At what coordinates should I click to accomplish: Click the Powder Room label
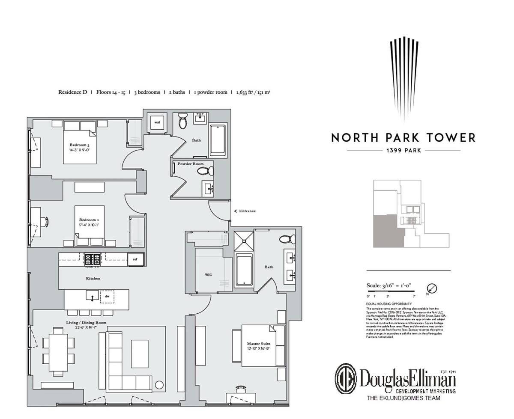(191, 164)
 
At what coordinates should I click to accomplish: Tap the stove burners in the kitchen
(93, 259)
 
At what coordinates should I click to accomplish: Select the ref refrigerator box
(135, 259)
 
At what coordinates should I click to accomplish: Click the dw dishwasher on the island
(107, 296)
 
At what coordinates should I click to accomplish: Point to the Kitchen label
(93, 279)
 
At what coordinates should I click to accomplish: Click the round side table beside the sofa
(159, 384)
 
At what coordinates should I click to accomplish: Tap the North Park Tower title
(403, 138)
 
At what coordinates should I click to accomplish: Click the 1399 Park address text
(403, 151)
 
